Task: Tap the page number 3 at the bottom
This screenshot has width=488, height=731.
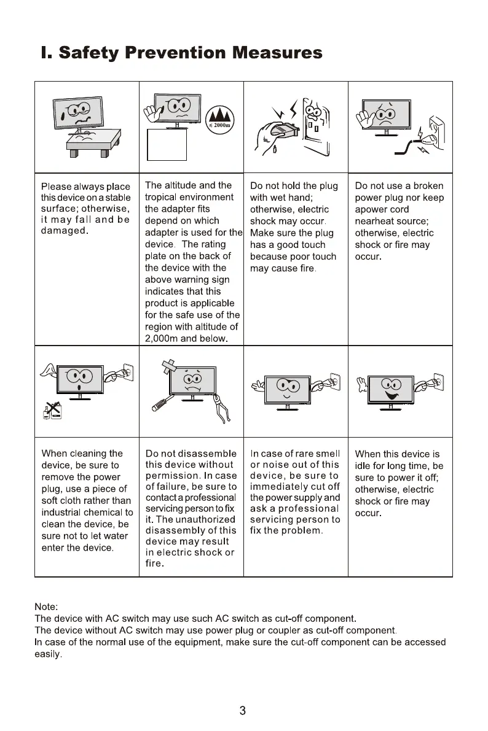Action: coord(243,711)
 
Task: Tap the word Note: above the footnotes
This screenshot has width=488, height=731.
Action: coord(47,606)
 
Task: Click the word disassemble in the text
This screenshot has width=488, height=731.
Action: coord(205,454)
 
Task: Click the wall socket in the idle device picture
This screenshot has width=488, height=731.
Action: coord(438,384)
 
